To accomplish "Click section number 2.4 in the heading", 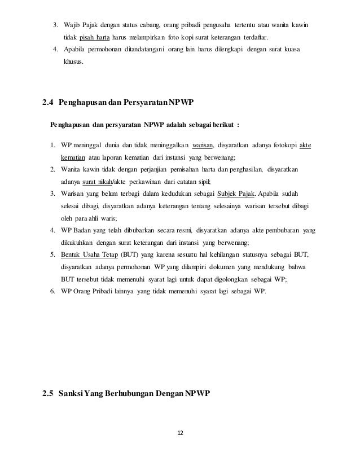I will click(x=49, y=103).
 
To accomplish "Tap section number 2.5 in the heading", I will click(x=49, y=393).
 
